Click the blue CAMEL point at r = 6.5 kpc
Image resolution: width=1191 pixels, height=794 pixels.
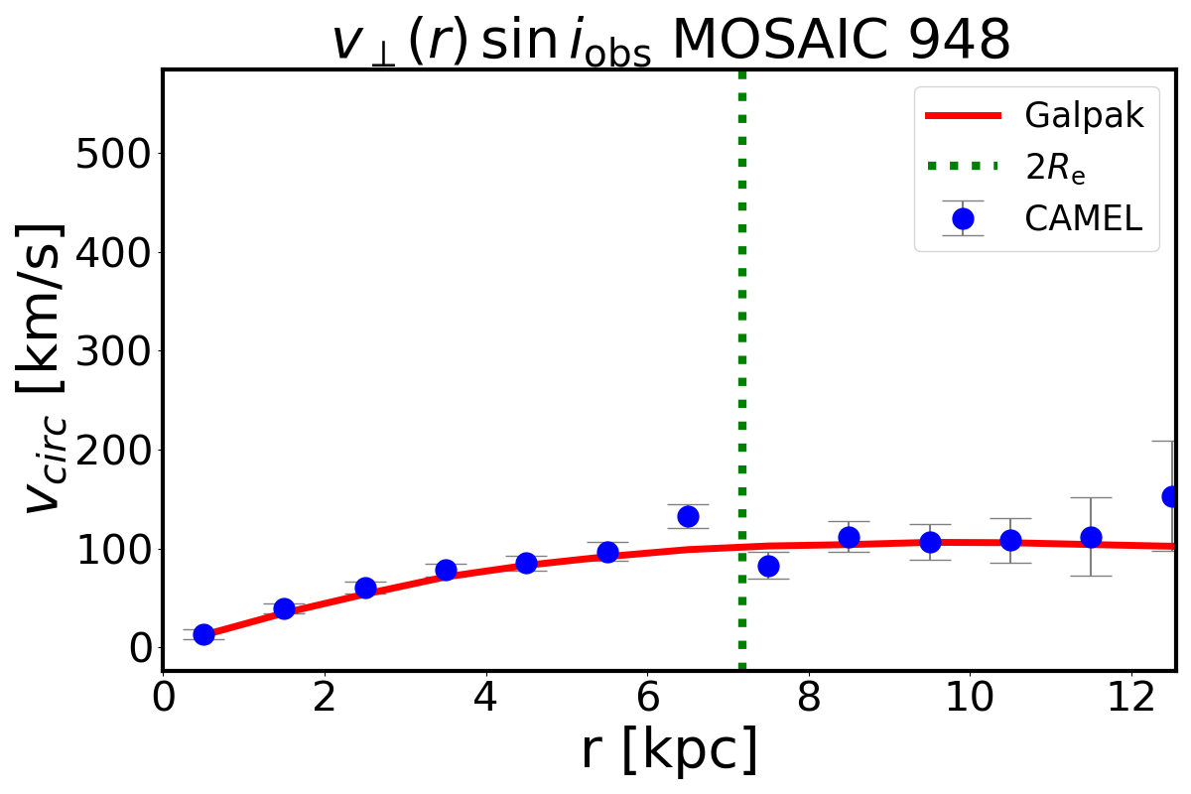click(688, 516)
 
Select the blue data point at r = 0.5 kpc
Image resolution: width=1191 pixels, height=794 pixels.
click(203, 634)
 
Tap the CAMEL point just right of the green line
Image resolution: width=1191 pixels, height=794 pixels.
click(768, 566)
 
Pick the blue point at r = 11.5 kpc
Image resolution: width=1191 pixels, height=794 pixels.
click(1091, 537)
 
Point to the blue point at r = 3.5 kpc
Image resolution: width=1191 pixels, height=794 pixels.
click(446, 570)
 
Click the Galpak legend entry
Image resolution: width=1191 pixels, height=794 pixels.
click(1084, 116)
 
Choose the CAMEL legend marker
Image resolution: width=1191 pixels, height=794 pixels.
click(962, 218)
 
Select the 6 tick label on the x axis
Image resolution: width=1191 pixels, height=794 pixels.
click(647, 696)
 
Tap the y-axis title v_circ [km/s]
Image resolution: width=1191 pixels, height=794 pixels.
click(45, 367)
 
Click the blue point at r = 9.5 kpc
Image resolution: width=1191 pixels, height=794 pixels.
click(930, 542)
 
